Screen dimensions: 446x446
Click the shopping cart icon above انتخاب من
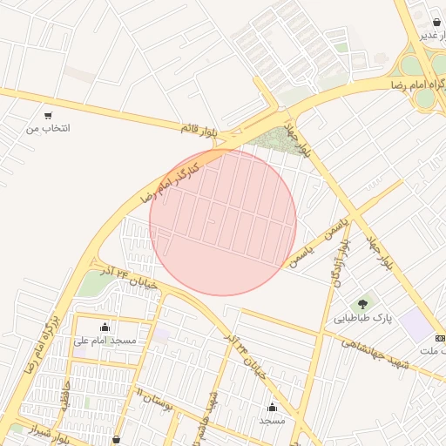pos(48,115)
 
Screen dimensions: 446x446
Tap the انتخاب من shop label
pos(48,129)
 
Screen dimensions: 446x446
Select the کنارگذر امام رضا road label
pos(171,179)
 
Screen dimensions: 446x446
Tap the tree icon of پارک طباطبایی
pos(363,303)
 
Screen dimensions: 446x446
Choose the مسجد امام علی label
pos(106,341)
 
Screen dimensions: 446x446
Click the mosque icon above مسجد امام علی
pos(105,327)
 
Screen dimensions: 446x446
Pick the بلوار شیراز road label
pos(46,431)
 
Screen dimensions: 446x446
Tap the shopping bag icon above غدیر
pos(436,22)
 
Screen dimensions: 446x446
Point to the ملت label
pos(432,350)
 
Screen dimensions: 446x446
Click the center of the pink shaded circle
pos(223,222)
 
